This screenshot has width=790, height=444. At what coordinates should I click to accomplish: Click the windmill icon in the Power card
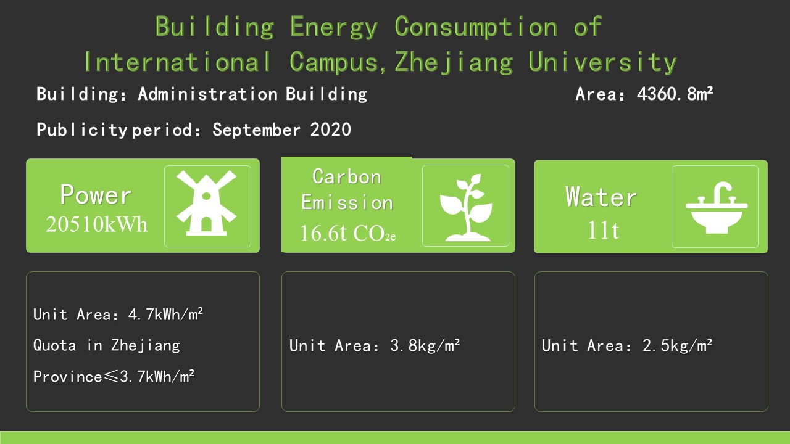click(x=206, y=203)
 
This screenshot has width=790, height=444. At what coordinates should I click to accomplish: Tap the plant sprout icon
click(x=466, y=207)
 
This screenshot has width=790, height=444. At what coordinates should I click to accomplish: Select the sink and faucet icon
click(x=717, y=208)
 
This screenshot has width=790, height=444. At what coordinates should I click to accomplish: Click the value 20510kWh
click(x=96, y=224)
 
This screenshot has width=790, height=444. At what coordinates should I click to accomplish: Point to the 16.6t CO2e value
click(x=347, y=233)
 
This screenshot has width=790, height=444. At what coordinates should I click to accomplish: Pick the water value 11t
click(x=603, y=231)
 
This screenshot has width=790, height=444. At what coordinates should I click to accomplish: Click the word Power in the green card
click(x=96, y=194)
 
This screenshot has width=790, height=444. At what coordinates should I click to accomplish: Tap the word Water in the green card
click(x=601, y=197)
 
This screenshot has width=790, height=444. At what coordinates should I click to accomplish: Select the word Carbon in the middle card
click(x=347, y=176)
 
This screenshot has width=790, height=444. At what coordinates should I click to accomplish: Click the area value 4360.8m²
click(x=675, y=94)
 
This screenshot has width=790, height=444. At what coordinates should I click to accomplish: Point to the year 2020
click(x=330, y=129)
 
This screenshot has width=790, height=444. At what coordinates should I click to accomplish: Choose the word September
click(x=256, y=129)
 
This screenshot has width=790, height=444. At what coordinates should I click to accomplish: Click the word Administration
click(x=208, y=94)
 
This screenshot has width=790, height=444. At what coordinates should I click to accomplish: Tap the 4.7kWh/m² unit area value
click(x=165, y=314)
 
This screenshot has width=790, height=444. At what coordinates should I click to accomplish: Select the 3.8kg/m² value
click(x=425, y=346)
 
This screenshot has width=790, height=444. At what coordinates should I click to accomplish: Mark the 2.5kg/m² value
click(x=677, y=346)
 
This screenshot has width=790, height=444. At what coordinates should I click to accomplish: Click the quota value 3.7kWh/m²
click(x=157, y=377)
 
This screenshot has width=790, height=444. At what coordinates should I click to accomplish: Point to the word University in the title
click(x=602, y=62)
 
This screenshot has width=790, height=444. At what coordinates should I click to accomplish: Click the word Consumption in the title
click(x=476, y=27)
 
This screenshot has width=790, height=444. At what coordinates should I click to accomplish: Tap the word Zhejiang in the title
click(x=454, y=62)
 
